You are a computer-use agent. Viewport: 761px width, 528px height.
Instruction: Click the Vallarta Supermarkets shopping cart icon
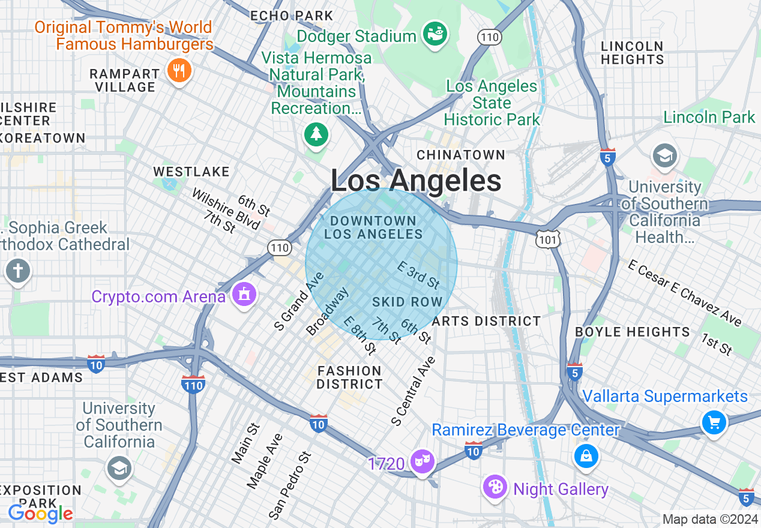(x=714, y=423)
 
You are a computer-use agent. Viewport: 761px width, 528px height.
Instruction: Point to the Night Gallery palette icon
(x=496, y=487)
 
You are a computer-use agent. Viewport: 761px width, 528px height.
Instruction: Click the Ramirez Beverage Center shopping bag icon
(x=586, y=457)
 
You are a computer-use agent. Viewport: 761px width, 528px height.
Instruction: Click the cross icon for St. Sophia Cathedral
(x=17, y=271)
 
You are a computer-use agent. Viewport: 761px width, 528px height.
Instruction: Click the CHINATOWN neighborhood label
(x=461, y=155)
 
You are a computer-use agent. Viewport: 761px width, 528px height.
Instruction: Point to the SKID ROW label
(x=408, y=302)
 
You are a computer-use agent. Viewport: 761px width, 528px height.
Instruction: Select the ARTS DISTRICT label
(x=486, y=321)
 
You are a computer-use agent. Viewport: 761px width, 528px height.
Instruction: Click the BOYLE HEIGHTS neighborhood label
(x=633, y=332)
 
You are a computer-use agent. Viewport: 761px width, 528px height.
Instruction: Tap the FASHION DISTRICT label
(x=350, y=377)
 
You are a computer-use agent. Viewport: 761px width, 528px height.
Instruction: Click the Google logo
(x=40, y=514)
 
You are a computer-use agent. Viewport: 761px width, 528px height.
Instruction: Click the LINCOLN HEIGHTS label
(x=632, y=53)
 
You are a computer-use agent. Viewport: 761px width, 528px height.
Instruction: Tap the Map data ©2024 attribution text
(x=709, y=519)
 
